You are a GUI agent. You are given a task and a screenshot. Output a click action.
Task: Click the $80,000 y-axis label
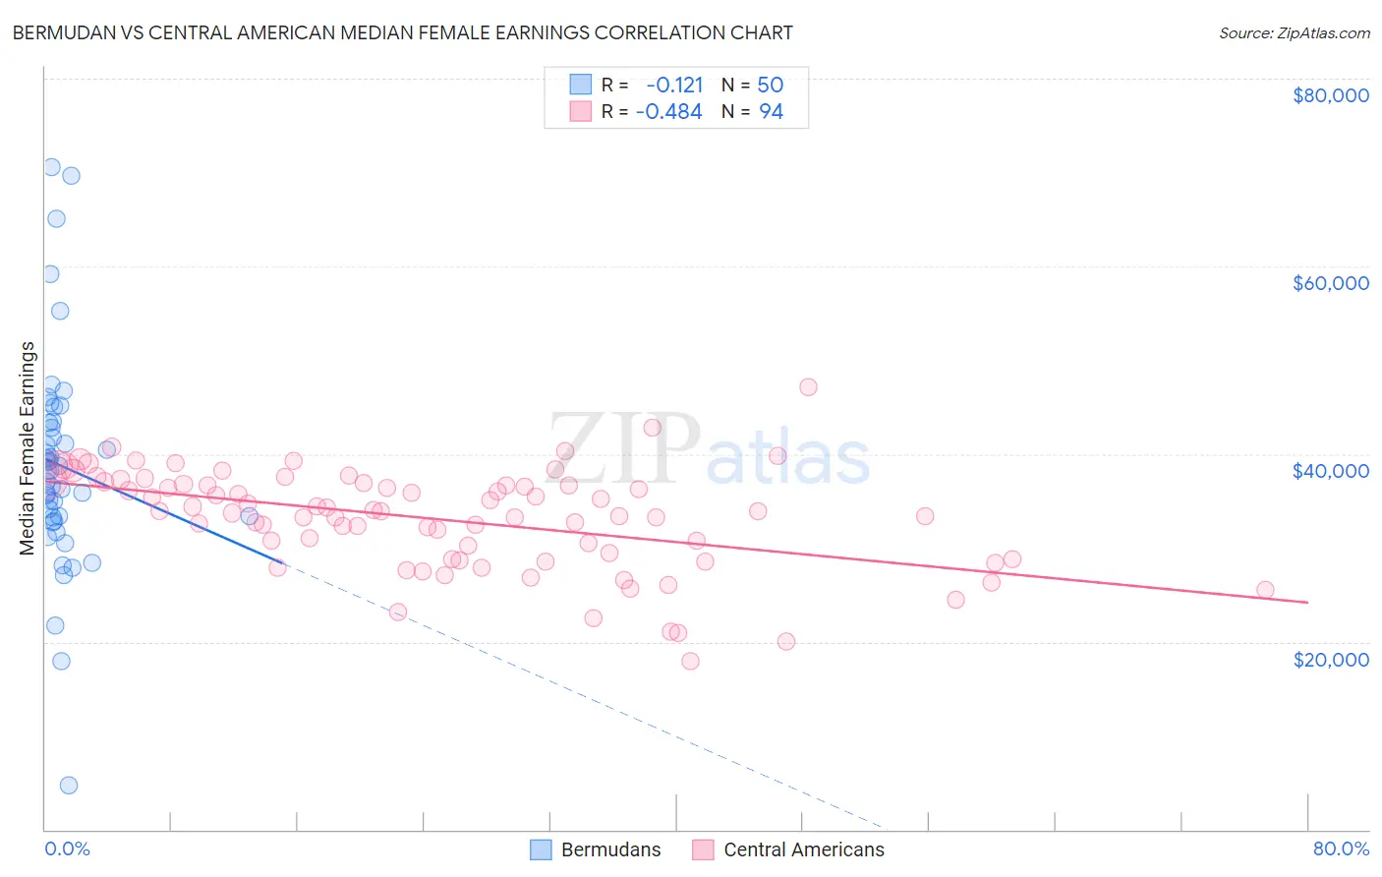click(x=1330, y=95)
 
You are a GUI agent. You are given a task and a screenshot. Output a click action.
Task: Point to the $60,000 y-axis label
click(x=1330, y=283)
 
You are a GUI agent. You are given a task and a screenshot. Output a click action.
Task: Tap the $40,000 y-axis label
click(x=1330, y=471)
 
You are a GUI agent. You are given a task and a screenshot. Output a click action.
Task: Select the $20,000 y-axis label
click(x=1330, y=659)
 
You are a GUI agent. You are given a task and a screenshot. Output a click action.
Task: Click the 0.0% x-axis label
click(x=67, y=848)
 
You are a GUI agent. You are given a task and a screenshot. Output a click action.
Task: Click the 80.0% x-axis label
click(x=1341, y=848)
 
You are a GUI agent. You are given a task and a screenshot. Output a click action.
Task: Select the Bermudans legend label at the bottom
click(x=610, y=849)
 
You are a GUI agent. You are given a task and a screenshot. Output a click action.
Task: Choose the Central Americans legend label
click(x=803, y=849)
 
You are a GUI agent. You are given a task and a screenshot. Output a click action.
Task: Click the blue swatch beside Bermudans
click(x=541, y=849)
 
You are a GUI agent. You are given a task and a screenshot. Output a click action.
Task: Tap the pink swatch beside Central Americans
click(x=703, y=849)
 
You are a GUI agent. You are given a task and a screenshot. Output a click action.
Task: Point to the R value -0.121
click(x=674, y=86)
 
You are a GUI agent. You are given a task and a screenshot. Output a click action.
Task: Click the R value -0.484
click(x=669, y=112)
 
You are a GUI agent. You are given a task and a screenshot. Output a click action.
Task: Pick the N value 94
click(x=771, y=112)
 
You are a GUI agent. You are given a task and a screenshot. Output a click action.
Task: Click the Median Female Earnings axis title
click(x=28, y=448)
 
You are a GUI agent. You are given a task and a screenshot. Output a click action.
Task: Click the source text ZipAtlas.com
click(x=1294, y=33)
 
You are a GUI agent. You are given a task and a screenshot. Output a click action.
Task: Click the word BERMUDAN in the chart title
click(x=61, y=32)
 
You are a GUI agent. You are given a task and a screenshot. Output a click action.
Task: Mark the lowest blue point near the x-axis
click(x=69, y=785)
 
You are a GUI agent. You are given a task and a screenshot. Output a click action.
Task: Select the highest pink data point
click(x=808, y=386)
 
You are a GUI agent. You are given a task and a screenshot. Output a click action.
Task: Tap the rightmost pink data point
click(x=1265, y=590)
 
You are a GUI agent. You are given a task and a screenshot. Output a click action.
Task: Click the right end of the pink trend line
click(x=1307, y=602)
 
